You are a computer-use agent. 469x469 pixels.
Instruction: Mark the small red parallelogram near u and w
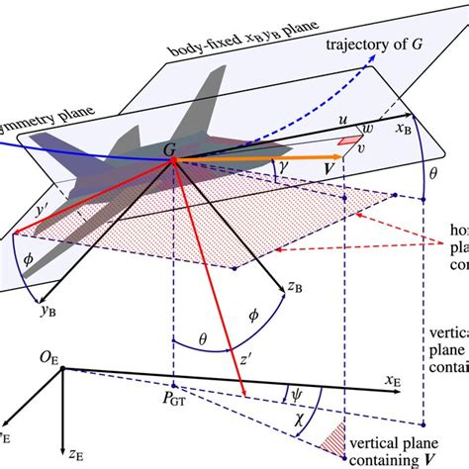pos(348,141)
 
